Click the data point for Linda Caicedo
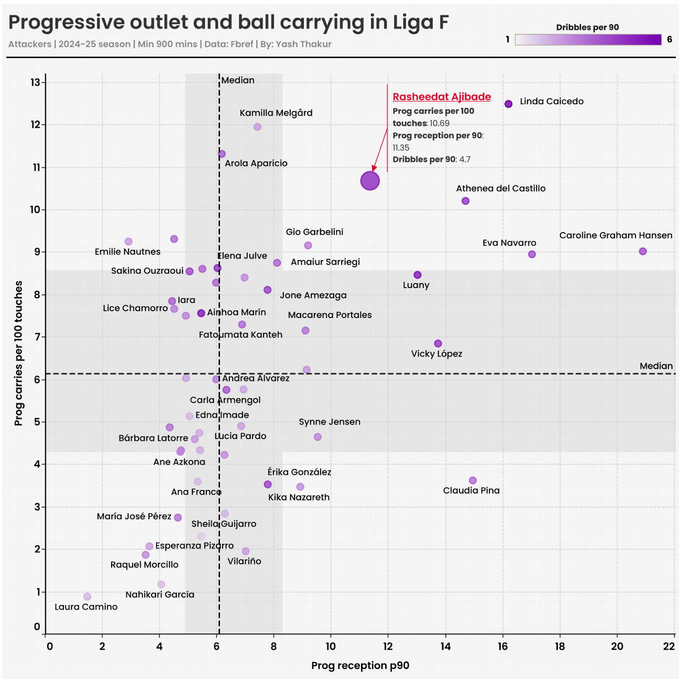[508, 104]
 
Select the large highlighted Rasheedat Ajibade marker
[370, 181]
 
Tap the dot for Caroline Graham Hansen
[643, 251]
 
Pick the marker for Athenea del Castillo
[465, 201]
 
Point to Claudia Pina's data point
[473, 480]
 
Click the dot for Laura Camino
[87, 597]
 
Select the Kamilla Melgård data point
[257, 127]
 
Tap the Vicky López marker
[438, 344]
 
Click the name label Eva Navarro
[509, 243]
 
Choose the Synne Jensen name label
[330, 422]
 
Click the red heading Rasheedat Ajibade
[442, 97]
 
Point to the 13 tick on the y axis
[36, 82]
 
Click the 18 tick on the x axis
[560, 647]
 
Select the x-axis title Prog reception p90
[360, 665]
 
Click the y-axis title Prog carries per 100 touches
[19, 353]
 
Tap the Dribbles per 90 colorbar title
[587, 27]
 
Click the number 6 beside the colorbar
[670, 39]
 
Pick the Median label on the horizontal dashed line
[656, 366]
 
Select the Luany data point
[418, 275]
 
